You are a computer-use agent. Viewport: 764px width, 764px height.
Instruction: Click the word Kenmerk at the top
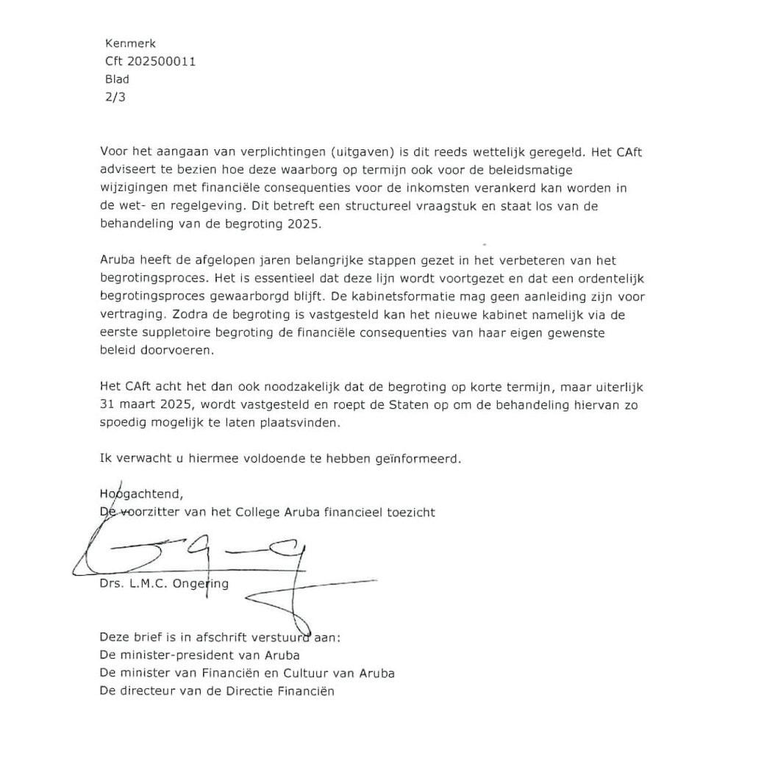(x=130, y=43)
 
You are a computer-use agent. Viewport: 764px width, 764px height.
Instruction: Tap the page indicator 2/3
(x=115, y=96)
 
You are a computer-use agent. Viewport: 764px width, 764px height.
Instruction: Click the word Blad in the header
(x=117, y=79)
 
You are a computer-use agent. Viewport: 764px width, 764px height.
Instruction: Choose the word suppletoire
(x=168, y=332)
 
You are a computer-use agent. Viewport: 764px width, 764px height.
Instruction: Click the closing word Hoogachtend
(x=141, y=493)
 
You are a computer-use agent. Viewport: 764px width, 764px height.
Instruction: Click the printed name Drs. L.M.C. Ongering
(x=164, y=584)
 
